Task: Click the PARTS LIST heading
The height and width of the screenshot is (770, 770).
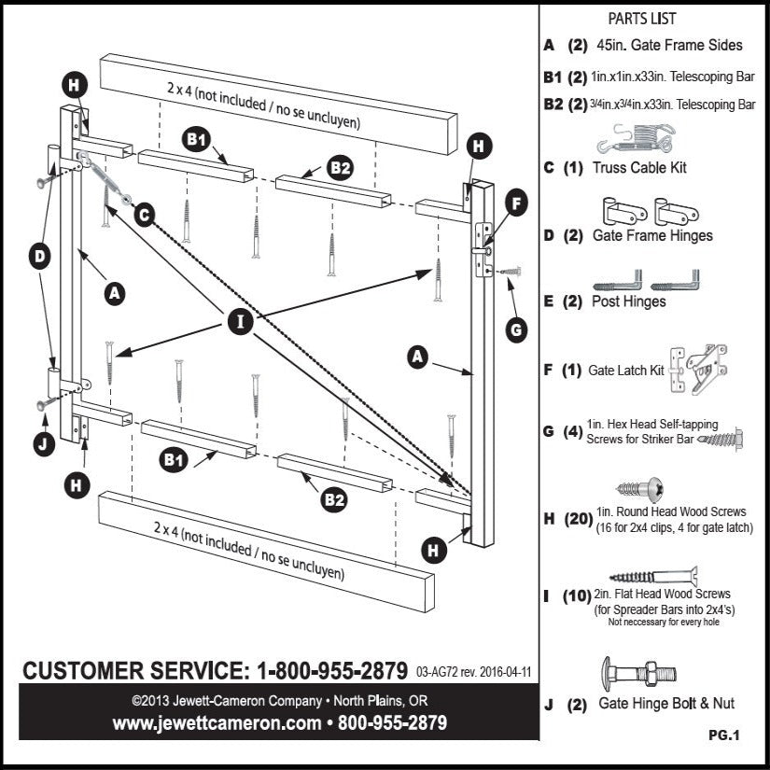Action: [642, 19]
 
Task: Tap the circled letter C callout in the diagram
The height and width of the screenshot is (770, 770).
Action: [143, 214]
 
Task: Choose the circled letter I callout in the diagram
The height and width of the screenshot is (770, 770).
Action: [242, 323]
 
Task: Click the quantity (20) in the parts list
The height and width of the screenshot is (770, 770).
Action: [579, 519]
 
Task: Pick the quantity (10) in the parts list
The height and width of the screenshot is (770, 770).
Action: [579, 595]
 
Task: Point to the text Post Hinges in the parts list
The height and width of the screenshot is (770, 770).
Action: [632, 301]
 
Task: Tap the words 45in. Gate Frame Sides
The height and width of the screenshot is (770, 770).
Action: [667, 45]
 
